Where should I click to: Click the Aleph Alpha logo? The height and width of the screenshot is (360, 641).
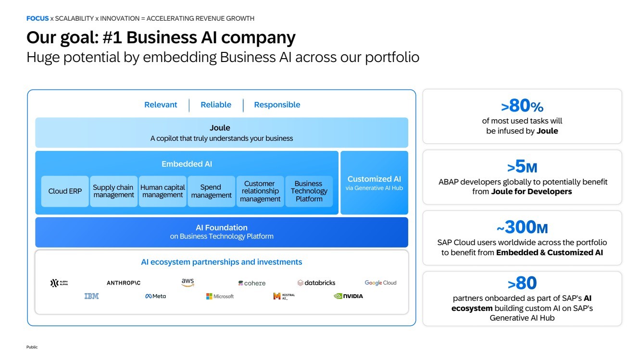59,283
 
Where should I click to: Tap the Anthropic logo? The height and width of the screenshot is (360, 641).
124,283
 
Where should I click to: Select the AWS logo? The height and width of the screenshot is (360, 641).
188,283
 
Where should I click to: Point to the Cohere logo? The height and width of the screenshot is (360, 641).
252,283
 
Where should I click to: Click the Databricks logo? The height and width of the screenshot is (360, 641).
316,283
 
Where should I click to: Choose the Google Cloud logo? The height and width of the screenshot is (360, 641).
380,283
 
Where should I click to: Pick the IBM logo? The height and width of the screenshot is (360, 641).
91,296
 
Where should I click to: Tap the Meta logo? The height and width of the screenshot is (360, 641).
155,296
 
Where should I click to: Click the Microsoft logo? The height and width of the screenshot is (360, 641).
220,296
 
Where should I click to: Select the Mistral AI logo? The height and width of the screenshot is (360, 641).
284,296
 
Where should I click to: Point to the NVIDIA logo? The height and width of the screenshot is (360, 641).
348,296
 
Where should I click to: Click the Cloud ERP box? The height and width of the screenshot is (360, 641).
65,191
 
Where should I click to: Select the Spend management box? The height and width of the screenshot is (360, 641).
211,191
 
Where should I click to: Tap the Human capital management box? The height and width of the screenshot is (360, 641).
163,191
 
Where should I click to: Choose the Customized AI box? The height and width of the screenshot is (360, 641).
374,183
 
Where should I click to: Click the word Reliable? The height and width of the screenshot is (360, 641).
216,105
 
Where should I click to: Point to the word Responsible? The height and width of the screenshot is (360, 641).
277,105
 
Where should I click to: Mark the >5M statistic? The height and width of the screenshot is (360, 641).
522,166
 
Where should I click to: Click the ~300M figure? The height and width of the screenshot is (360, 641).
522,227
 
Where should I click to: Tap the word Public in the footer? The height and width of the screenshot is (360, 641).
32,347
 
